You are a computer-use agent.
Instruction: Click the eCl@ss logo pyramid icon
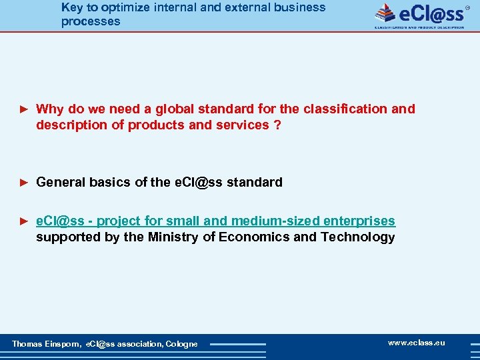[x=385, y=13]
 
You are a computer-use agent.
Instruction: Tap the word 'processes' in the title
[x=91, y=21]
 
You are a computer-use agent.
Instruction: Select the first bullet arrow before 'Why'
[x=24, y=109]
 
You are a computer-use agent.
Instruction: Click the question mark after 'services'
[x=277, y=125]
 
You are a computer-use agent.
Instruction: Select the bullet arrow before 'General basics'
[x=24, y=182]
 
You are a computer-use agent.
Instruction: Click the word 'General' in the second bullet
[x=61, y=182]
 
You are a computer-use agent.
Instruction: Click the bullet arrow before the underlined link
[x=24, y=221]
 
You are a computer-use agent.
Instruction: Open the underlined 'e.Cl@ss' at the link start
[x=60, y=221]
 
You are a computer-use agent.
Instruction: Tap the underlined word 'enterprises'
[x=359, y=221]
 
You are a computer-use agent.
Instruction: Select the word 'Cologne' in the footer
[x=181, y=344]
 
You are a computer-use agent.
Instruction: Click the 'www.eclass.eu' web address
[x=416, y=343]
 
